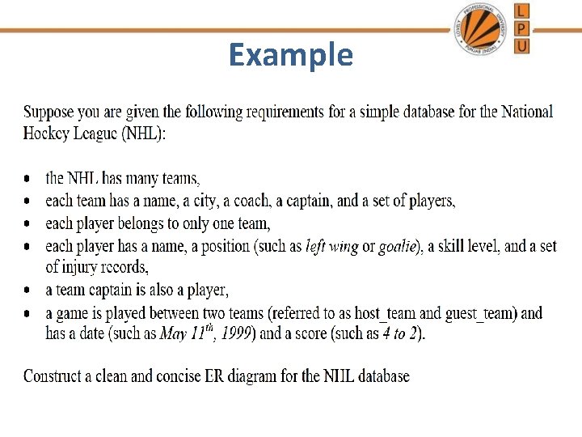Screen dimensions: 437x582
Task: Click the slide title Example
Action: [x=290, y=55]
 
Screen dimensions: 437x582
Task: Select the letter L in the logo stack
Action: [x=522, y=11]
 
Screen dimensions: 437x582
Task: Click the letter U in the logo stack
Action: [x=522, y=45]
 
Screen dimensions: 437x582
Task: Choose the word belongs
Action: [x=144, y=223]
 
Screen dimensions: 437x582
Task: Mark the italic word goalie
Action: [x=399, y=246]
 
